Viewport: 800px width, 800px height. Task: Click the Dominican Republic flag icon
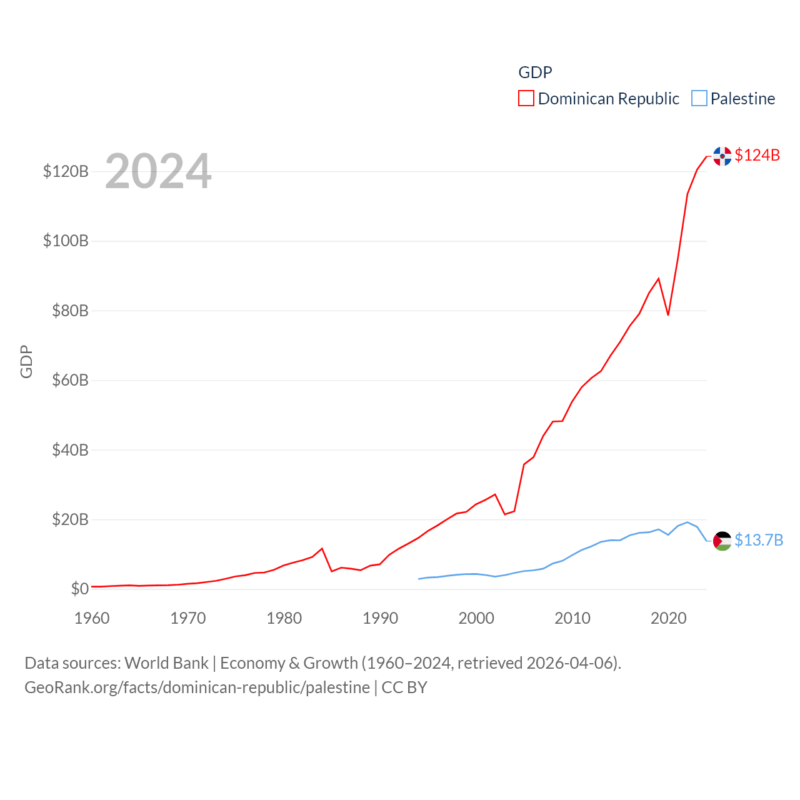722,156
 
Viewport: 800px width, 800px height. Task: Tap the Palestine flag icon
722,541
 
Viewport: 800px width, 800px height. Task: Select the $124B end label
757,155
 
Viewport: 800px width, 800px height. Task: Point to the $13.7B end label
758,540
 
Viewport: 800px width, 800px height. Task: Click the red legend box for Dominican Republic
526,99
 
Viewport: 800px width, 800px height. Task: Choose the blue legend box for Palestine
699,99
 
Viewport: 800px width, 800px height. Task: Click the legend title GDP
535,72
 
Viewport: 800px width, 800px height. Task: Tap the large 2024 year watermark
158,171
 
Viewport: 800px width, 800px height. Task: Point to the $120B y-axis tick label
66,171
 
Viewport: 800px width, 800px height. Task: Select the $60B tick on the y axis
70,380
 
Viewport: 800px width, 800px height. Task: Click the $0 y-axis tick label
79,589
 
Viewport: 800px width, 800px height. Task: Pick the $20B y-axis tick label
70,519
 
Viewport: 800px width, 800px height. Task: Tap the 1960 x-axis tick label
92,618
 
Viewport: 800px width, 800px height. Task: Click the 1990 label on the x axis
380,618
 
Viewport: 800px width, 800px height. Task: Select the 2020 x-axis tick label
668,618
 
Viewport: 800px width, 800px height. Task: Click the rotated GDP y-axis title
26,361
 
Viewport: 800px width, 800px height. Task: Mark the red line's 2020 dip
668,314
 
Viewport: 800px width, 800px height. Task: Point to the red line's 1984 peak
322,549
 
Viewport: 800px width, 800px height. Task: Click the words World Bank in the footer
166,662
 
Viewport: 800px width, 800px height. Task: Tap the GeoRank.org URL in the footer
197,687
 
